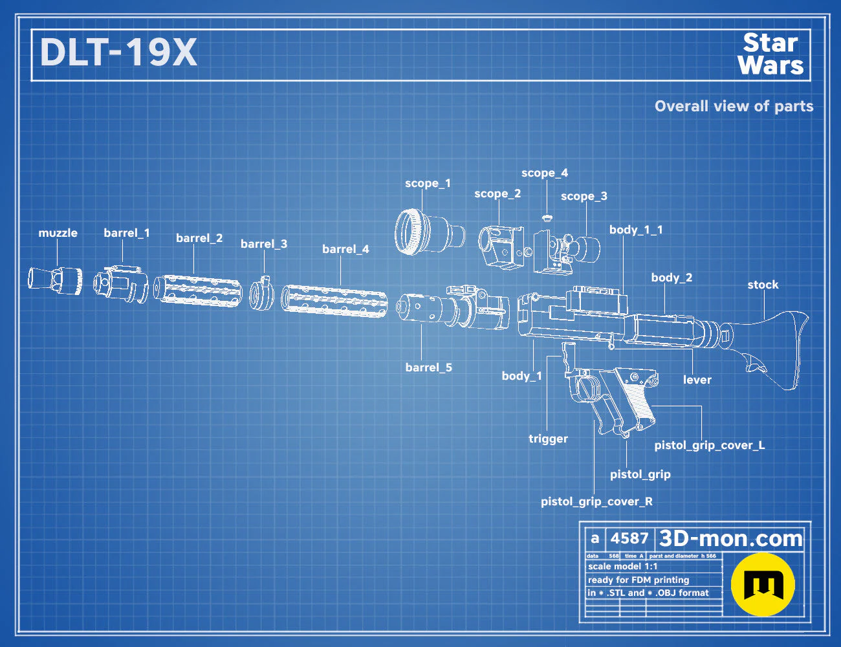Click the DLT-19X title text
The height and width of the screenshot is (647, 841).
[x=118, y=52]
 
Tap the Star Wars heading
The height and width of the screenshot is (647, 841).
[x=770, y=54]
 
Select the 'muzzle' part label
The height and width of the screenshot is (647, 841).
[x=58, y=233]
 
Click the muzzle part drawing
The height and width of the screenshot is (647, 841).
[x=55, y=281]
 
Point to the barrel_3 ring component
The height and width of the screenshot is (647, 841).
[x=261, y=294]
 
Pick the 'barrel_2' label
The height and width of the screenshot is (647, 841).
[x=199, y=238]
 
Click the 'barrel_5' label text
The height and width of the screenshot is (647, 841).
[x=428, y=367]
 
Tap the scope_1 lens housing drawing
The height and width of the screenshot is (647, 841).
[x=430, y=232]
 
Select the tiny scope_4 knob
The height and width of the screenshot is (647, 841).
[x=547, y=217]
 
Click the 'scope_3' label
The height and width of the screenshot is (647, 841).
[x=584, y=196]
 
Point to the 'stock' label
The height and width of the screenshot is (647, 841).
[x=763, y=285]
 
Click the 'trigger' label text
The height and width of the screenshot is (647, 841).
[x=548, y=439]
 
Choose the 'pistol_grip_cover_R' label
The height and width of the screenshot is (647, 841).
[x=596, y=501]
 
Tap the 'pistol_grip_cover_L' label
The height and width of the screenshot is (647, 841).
[x=710, y=445]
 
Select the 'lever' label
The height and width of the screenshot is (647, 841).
[x=697, y=380]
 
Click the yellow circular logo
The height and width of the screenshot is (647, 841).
[x=763, y=584]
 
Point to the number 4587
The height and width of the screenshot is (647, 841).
[x=629, y=538]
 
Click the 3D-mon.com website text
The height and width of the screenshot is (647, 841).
[x=730, y=538]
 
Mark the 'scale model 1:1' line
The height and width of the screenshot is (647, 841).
[x=623, y=567]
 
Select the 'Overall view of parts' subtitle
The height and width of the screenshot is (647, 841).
[x=734, y=106]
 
